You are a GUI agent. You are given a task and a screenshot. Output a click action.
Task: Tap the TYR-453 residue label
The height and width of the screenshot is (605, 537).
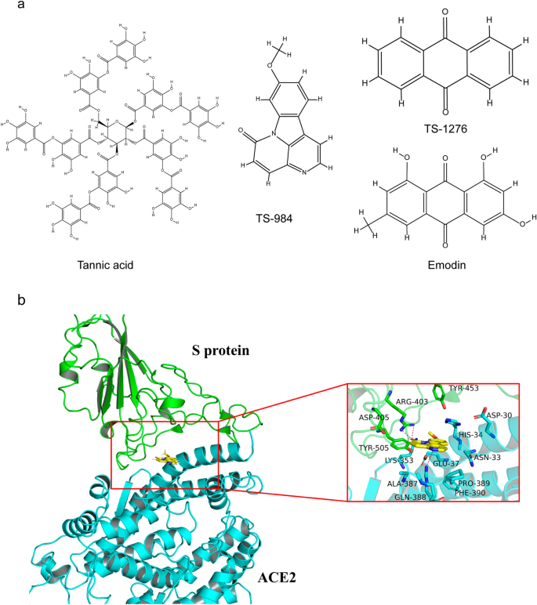point(463,389)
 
